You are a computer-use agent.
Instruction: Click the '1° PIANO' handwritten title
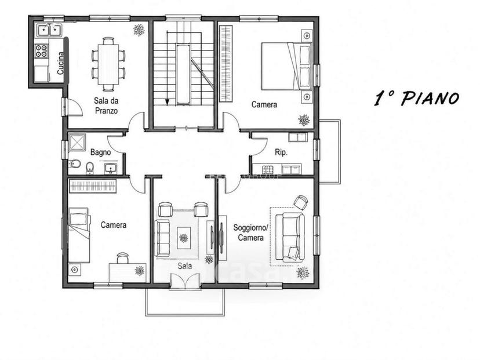[416, 97]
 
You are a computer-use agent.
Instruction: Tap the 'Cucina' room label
[61, 63]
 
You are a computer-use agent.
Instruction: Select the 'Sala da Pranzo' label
[106, 106]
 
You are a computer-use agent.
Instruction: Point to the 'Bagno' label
[100, 152]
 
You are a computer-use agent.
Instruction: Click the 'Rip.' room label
[281, 152]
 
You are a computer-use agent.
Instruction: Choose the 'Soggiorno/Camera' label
[250, 232]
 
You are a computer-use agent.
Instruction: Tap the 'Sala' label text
[185, 266]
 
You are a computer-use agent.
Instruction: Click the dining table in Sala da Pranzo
[108, 64]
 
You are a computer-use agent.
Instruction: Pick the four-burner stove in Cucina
[42, 51]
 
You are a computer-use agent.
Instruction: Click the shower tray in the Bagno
[77, 143]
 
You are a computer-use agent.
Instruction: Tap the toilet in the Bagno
[74, 164]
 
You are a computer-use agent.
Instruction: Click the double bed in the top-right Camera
[286, 67]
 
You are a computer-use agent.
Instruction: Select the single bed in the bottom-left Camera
[79, 235]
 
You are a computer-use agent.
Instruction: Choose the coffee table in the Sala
[184, 238]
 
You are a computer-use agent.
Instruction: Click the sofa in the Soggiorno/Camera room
[290, 237]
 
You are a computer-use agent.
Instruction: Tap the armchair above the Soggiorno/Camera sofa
[301, 202]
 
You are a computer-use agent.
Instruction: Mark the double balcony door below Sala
[185, 281]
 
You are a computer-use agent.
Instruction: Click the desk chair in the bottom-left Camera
[122, 257]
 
